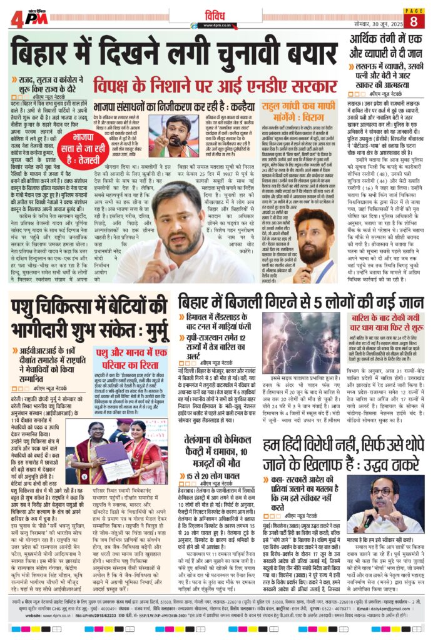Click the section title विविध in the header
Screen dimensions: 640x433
pyautogui.click(x=214, y=13)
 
